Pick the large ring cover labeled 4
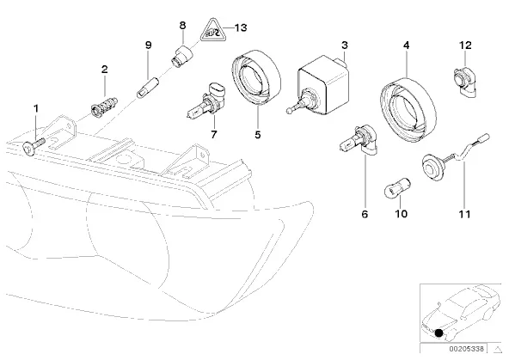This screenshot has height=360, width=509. click(408, 109)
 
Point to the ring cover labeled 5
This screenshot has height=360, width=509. click(256, 78)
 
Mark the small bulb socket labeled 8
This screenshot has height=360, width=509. click(181, 56)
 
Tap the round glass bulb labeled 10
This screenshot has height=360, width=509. click(397, 186)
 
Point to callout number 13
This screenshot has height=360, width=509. click(241, 27)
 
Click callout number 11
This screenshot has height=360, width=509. click(464, 214)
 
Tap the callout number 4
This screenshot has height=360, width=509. click(407, 45)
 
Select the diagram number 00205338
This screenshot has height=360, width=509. click(467, 349)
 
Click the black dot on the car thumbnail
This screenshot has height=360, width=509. click(438, 333)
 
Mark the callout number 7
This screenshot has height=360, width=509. click(213, 134)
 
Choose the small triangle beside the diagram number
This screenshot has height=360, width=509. click(497, 350)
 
